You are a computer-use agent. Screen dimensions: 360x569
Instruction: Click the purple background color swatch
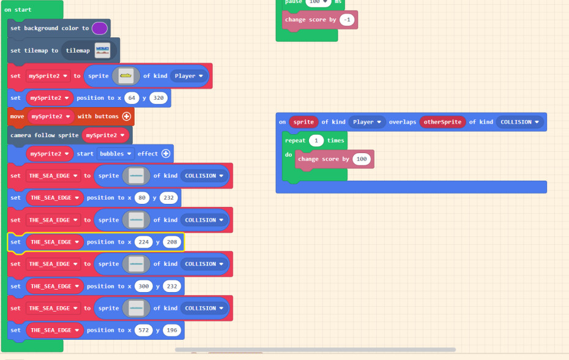(x=100, y=28)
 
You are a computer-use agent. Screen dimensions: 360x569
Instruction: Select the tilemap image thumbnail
(x=102, y=51)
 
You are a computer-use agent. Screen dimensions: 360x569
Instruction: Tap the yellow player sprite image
(x=125, y=76)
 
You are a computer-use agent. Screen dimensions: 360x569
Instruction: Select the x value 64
(x=131, y=98)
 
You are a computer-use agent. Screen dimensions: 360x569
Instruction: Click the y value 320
(x=158, y=98)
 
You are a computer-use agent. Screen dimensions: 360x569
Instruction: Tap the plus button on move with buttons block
(x=127, y=116)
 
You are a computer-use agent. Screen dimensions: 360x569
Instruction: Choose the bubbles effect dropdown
(x=114, y=154)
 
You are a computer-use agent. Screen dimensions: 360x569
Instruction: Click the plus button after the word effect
(x=165, y=154)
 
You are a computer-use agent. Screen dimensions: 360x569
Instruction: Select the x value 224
(x=144, y=242)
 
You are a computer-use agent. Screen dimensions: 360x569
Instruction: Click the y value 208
(x=172, y=242)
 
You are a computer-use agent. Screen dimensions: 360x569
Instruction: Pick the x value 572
(x=144, y=331)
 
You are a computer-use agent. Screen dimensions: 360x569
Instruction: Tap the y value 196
(x=172, y=331)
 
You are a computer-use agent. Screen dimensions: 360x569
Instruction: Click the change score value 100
(x=362, y=159)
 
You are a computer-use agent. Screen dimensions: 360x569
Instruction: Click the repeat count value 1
(x=316, y=140)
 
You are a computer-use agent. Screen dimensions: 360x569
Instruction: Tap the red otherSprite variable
(x=442, y=122)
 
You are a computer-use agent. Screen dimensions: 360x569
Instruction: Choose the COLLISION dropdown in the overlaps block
(x=520, y=122)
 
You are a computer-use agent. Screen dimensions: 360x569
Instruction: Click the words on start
(x=18, y=10)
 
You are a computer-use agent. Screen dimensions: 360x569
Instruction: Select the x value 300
(x=144, y=287)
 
